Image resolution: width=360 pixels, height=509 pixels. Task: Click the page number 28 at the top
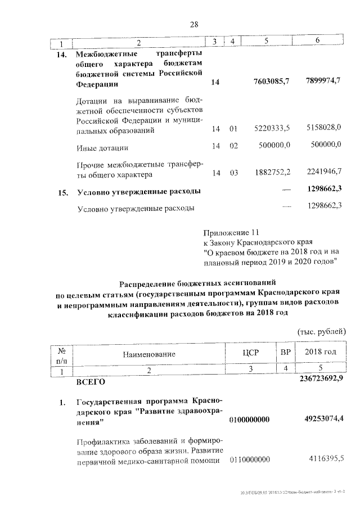coord(194,24)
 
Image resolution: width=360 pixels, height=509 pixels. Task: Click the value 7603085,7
coord(272,83)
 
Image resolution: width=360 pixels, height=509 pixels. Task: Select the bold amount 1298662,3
coord(322,188)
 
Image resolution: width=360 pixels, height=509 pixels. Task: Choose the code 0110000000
coord(250,460)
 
